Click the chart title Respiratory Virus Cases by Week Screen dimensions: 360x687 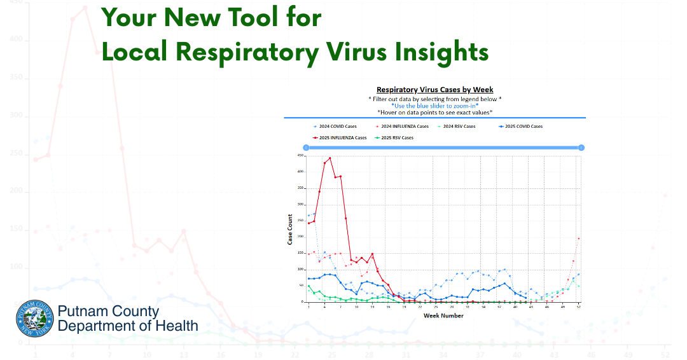(434, 90)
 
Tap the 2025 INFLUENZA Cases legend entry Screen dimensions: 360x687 (340, 137)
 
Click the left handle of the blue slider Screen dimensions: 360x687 (306, 148)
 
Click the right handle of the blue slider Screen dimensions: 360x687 (581, 148)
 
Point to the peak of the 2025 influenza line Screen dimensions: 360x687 (330, 158)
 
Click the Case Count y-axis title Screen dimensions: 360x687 (290, 229)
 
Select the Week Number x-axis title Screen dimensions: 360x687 (443, 315)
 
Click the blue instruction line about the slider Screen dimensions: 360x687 (434, 106)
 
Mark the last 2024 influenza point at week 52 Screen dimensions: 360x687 (578, 239)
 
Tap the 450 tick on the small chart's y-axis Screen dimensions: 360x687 (300, 155)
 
